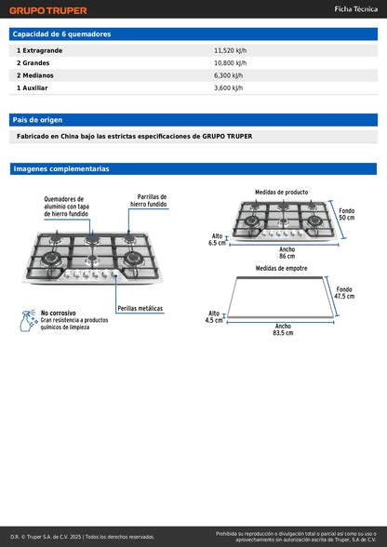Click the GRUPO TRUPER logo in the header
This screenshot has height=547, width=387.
pyautogui.click(x=48, y=10)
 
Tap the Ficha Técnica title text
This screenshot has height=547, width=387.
pyautogui.click(x=356, y=9)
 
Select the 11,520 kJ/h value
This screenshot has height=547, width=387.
pyautogui.click(x=231, y=50)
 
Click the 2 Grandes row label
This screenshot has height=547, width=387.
pyautogui.click(x=33, y=63)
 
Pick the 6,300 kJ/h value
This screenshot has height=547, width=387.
pyautogui.click(x=229, y=75)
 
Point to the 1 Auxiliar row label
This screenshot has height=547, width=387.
pyautogui.click(x=33, y=87)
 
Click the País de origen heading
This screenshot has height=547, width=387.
pyautogui.click(x=38, y=120)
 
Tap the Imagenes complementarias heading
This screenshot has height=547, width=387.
pyautogui.click(x=61, y=169)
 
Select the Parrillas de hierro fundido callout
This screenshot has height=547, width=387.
pyautogui.click(x=148, y=201)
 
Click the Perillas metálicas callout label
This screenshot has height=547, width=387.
pyautogui.click(x=140, y=309)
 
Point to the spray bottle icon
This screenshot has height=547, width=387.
pyautogui.click(x=29, y=320)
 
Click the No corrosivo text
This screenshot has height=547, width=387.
pyautogui.click(x=59, y=313)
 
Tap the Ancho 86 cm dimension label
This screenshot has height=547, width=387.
pyautogui.click(x=287, y=253)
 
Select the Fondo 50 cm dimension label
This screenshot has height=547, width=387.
pyautogui.click(x=346, y=214)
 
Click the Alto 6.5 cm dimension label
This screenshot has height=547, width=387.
pyautogui.click(x=217, y=240)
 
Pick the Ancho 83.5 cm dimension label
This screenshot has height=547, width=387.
pyautogui.click(x=283, y=329)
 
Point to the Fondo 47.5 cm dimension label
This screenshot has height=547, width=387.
pyautogui.click(x=344, y=293)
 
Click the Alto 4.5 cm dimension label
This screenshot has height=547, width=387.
pyautogui.click(x=214, y=316)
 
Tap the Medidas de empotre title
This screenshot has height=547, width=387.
pyautogui.click(x=281, y=268)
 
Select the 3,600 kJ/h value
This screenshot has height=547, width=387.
pyautogui.click(x=229, y=87)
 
